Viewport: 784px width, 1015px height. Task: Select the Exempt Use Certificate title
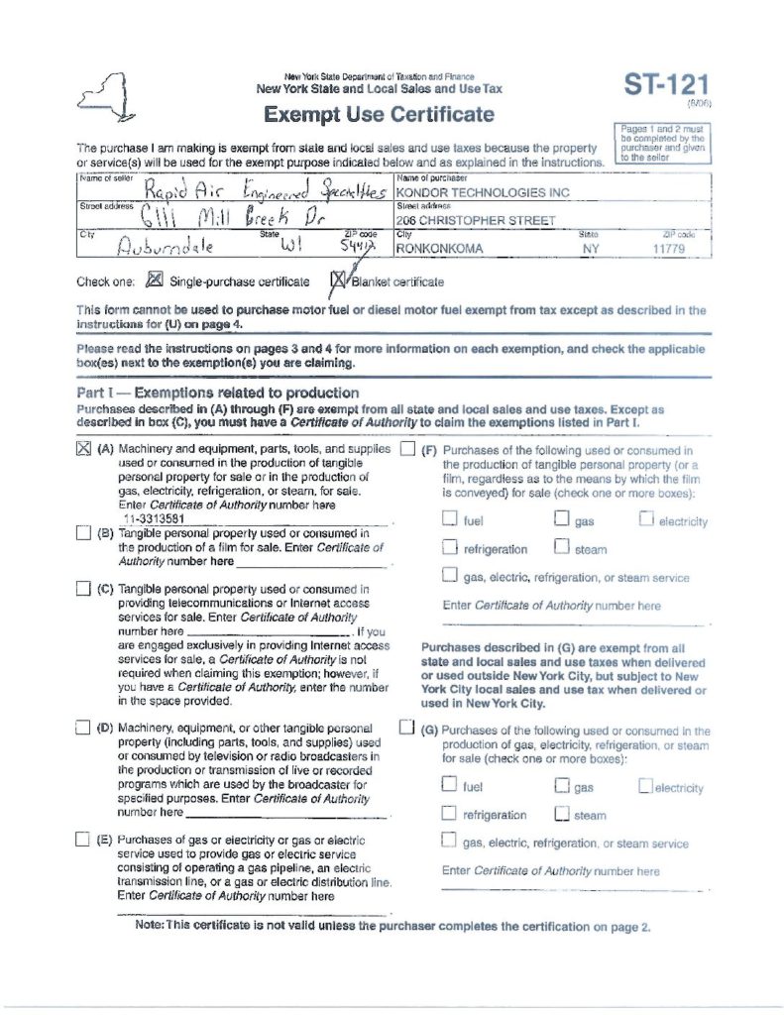click(x=379, y=114)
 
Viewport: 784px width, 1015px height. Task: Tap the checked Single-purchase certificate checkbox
click(x=154, y=281)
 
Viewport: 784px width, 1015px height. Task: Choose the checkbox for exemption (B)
click(x=82, y=533)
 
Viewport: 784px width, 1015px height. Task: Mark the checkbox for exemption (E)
click(x=82, y=841)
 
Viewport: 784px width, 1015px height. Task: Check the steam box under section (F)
click(x=561, y=547)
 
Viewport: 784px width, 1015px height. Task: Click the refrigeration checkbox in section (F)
click(x=449, y=547)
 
